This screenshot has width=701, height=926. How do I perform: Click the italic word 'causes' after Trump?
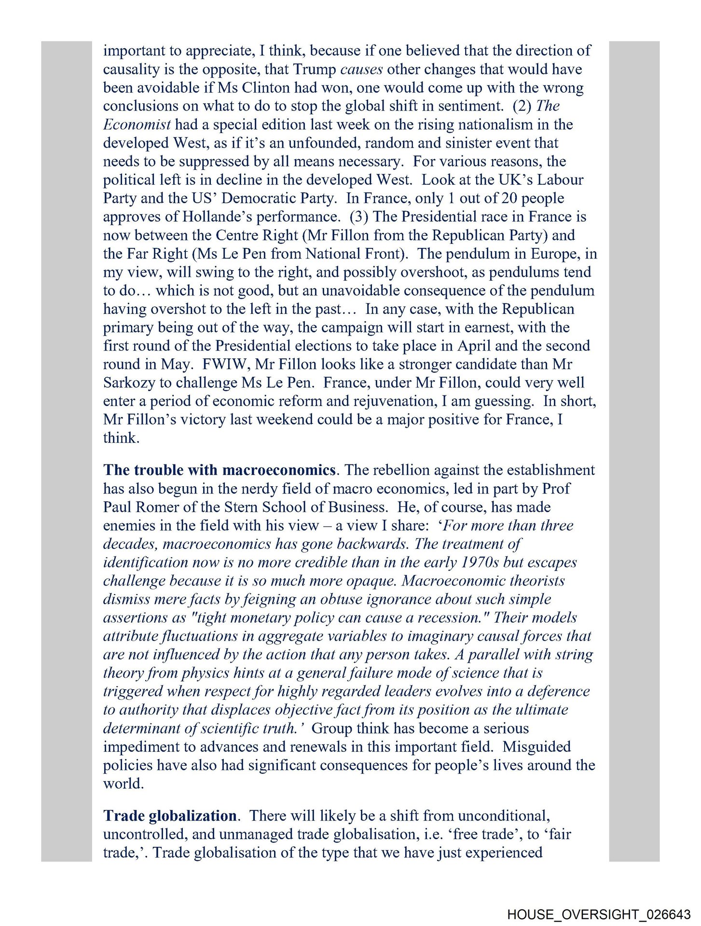coord(361,69)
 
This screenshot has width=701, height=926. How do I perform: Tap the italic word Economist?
coord(137,124)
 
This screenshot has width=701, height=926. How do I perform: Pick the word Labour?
coord(560,180)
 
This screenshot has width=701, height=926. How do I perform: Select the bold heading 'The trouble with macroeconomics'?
coord(220,470)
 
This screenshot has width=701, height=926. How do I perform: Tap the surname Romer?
coord(171,507)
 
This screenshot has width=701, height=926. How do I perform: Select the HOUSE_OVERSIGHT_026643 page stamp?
coord(599,914)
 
